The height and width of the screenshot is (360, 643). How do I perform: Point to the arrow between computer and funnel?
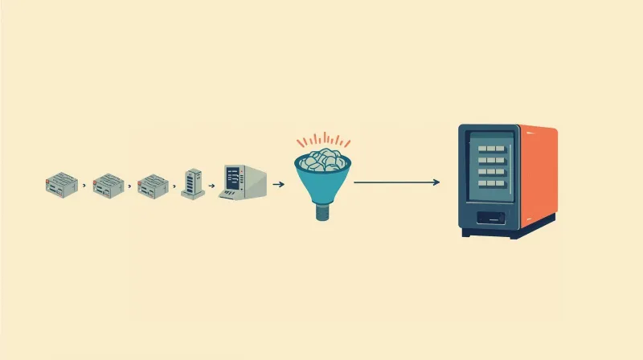tap(279, 184)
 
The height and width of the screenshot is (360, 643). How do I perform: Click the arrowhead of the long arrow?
tap(436, 182)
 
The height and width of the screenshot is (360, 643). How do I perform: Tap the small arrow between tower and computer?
tap(211, 185)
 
